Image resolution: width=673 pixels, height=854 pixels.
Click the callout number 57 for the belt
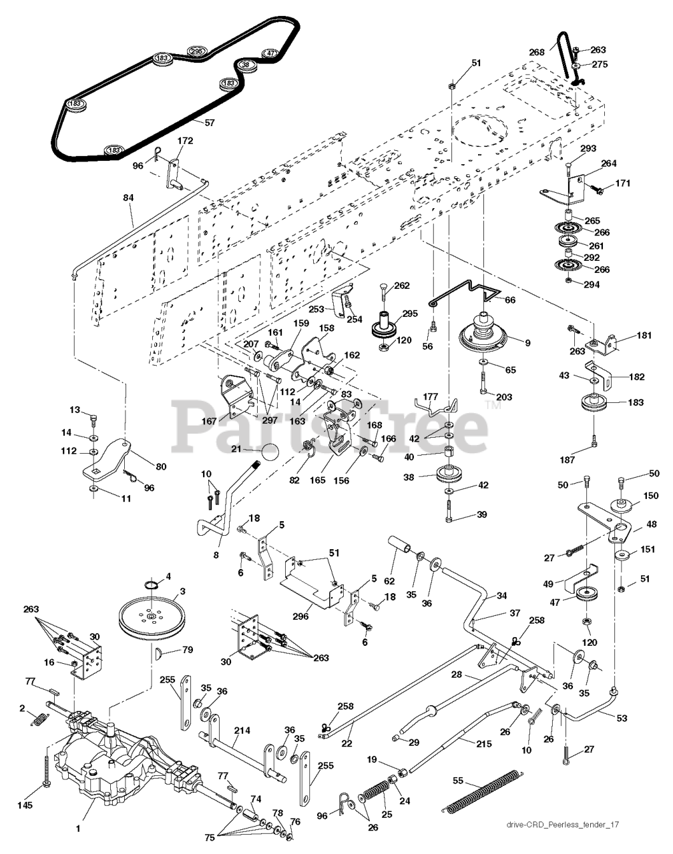click(x=210, y=123)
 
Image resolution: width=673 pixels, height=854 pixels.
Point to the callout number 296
click(x=300, y=616)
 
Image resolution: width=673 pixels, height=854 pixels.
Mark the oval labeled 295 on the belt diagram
click(x=196, y=51)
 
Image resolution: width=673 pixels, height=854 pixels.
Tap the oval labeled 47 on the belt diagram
click(x=270, y=53)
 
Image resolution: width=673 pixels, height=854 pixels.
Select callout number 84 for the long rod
click(x=129, y=198)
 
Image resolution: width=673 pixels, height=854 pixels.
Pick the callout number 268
click(x=537, y=51)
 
